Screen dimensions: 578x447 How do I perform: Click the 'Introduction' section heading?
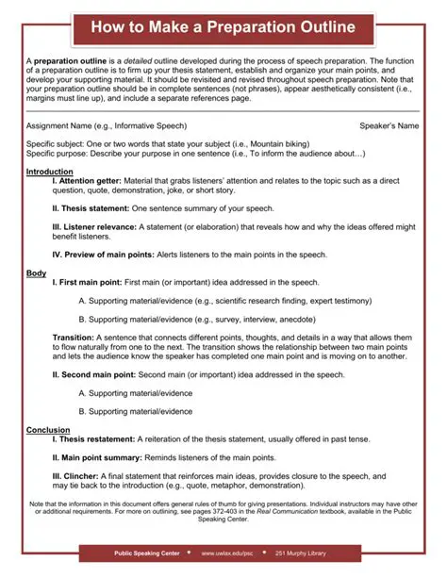click(x=49, y=172)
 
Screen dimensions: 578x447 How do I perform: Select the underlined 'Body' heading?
click(x=36, y=272)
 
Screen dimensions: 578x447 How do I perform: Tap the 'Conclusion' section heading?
click(x=48, y=430)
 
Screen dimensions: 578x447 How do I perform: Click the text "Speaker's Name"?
click(x=389, y=125)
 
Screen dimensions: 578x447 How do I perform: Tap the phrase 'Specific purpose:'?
click(x=57, y=153)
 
